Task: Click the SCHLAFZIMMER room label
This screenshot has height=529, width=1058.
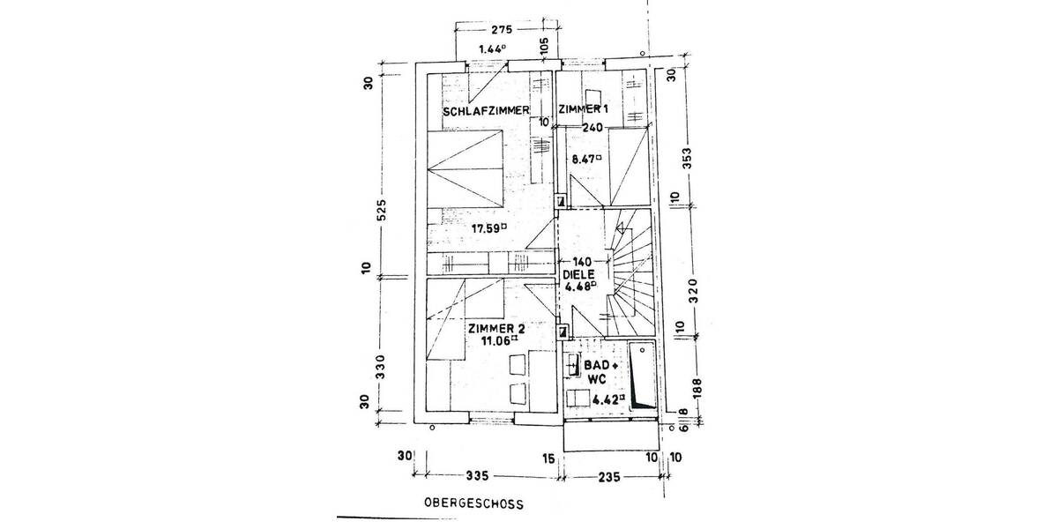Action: (x=486, y=110)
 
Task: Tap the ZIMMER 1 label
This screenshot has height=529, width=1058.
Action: (x=583, y=109)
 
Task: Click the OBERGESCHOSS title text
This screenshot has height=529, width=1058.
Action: (x=473, y=505)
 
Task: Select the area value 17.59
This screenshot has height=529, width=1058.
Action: (x=489, y=227)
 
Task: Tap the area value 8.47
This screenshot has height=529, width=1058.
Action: (x=585, y=160)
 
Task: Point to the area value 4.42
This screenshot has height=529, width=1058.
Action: (x=608, y=399)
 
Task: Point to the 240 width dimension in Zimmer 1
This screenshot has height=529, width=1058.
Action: (x=592, y=127)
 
